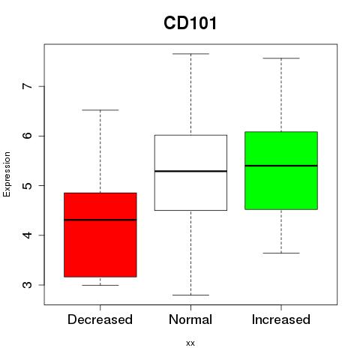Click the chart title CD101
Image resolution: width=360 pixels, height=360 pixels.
[x=190, y=23]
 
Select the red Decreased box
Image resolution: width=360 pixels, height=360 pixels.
[x=100, y=235]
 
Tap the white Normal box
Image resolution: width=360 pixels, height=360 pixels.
[x=190, y=172]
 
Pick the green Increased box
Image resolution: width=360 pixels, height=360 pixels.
[x=281, y=170]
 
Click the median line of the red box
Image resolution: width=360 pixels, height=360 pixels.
[x=100, y=220]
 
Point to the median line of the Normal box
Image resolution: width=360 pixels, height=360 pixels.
[x=190, y=171]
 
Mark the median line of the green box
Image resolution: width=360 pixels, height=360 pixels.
[x=281, y=166]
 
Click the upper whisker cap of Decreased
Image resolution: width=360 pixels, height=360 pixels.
[x=100, y=110]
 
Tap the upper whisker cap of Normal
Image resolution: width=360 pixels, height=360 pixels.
[x=190, y=54]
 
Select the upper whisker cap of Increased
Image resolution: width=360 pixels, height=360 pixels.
[x=281, y=58]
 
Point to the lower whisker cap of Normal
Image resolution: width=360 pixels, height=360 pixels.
[x=190, y=295]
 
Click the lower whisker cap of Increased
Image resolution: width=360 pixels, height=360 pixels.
[x=281, y=253]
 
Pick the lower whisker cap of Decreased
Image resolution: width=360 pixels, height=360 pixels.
[x=100, y=285]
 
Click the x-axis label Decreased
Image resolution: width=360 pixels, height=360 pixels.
[x=100, y=319]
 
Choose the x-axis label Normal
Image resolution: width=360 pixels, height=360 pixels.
[x=190, y=319]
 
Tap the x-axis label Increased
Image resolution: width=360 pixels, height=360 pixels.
[x=281, y=319]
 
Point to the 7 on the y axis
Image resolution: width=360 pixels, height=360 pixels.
[x=28, y=86]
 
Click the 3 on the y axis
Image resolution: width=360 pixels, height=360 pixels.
[x=28, y=285]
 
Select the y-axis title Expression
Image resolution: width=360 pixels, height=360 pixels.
[x=7, y=174]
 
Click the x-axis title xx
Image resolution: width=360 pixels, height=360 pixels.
[x=190, y=343]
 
